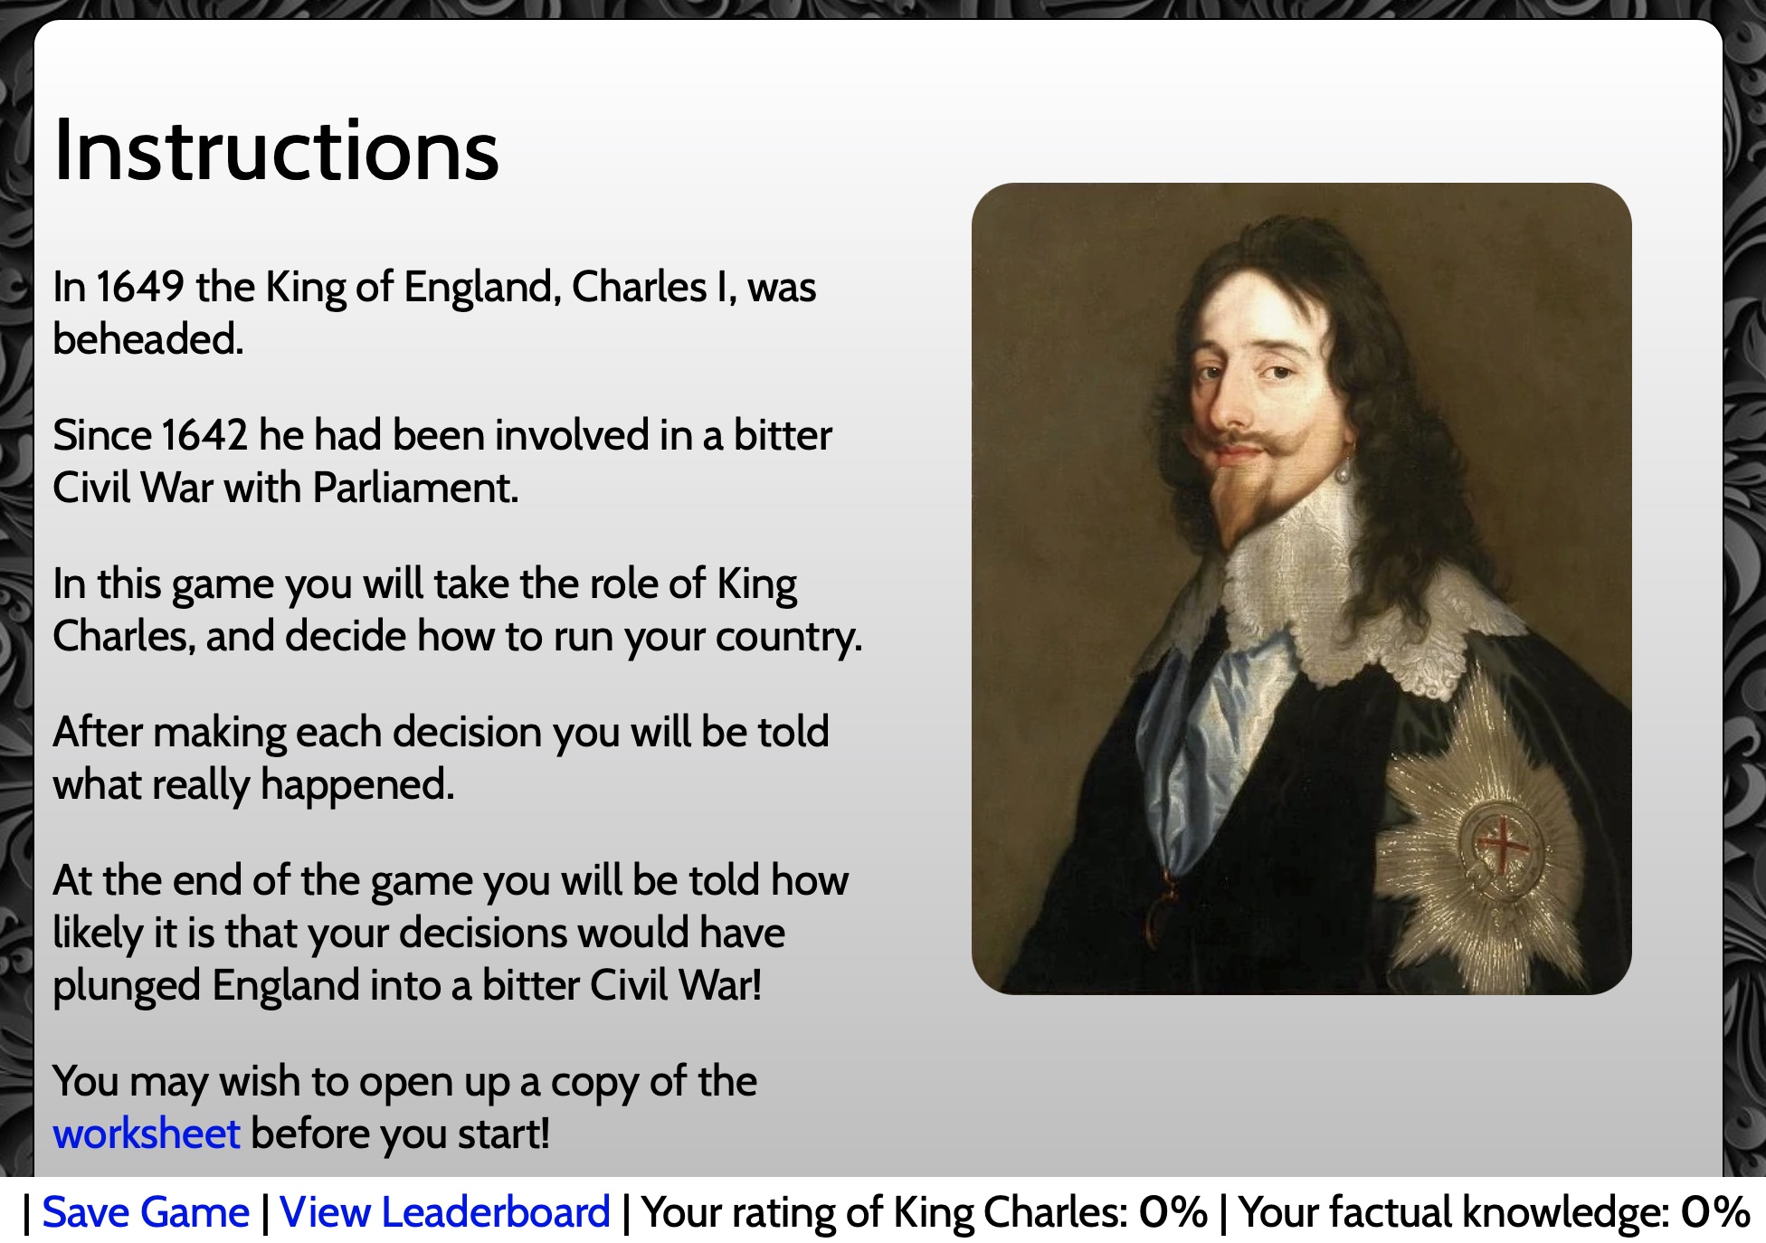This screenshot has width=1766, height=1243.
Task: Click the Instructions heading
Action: pos(276,150)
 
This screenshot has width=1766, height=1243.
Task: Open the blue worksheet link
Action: pos(147,1134)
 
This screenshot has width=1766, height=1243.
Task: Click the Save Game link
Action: pos(146,1212)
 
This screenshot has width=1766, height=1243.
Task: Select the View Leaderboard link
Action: pos(445,1212)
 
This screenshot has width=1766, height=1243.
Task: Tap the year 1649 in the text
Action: pos(140,287)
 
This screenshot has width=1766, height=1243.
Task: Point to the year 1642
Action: pos(204,435)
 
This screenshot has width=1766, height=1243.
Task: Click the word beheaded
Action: pos(148,339)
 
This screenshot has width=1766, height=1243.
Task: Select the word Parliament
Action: pos(414,488)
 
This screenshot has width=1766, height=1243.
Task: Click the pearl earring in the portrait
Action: pos(1344,471)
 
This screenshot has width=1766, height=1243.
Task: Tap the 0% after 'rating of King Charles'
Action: pos(1173,1212)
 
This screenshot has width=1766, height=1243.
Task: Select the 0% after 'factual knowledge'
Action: pos(1714,1212)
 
